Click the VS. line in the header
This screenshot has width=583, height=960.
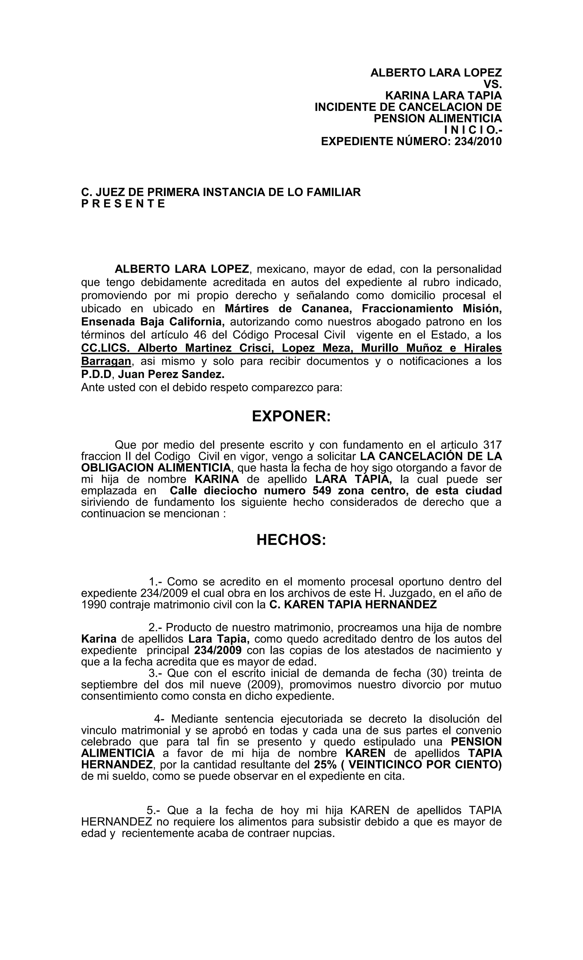pyautogui.click(x=492, y=84)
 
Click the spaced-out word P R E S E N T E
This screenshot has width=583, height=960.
pyautogui.click(x=123, y=204)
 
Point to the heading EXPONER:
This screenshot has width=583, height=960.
pyautogui.click(x=291, y=416)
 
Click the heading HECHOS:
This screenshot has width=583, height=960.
pyautogui.click(x=291, y=540)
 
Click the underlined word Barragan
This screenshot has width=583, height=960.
pyautogui.click(x=106, y=361)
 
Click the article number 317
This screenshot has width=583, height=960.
pyautogui.click(x=492, y=445)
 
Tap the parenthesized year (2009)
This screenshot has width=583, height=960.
pyautogui.click(x=263, y=685)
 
